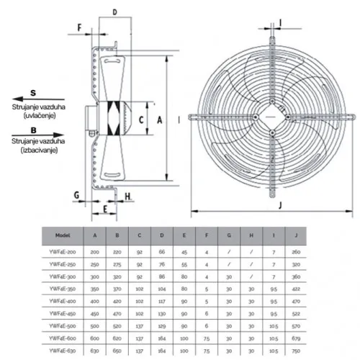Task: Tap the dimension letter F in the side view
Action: click(x=78, y=28)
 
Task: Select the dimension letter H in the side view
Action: click(x=127, y=195)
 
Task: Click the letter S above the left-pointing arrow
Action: click(x=33, y=94)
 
